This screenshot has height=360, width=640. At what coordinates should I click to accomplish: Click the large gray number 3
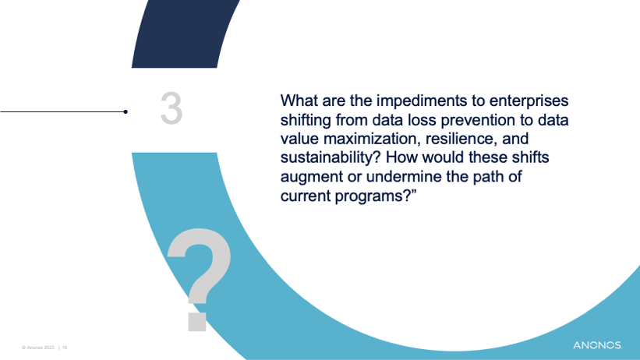point(171,108)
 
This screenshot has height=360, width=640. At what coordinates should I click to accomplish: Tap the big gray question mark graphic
point(199,279)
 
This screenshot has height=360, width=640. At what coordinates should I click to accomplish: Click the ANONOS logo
point(598,345)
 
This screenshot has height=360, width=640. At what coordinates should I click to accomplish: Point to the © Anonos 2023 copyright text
point(38,348)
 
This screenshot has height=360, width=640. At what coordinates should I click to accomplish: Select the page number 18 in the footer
point(65,348)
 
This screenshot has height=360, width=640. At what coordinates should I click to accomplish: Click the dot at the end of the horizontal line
point(126,111)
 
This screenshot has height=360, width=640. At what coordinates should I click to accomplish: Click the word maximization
point(372,139)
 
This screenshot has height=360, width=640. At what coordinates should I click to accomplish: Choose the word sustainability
point(331,158)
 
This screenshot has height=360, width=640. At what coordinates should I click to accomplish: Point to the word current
point(306,196)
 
